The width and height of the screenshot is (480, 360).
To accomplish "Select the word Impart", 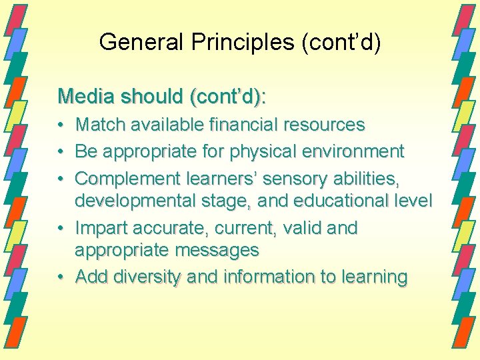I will click(101, 228).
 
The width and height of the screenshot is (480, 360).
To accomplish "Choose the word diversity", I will click(148, 277).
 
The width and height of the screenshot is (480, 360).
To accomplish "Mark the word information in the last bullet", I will click(262, 277).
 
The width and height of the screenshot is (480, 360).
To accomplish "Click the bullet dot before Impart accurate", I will click(61, 229).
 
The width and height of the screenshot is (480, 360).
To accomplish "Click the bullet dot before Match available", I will click(61, 125).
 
